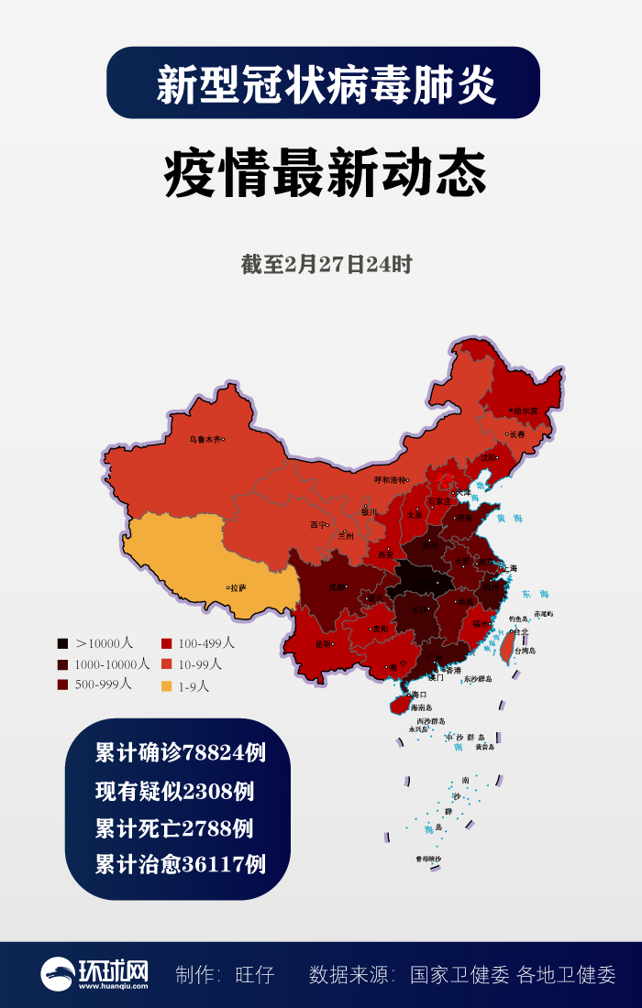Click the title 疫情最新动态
pyautogui.click(x=325, y=174)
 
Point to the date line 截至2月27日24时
pyautogui.click(x=327, y=266)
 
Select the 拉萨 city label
pyautogui.click(x=238, y=587)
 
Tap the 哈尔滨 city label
pyautogui.click(x=526, y=411)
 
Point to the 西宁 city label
pyautogui.click(x=317, y=526)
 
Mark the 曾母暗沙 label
pyautogui.click(x=428, y=859)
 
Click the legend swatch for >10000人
pyautogui.click(x=62, y=643)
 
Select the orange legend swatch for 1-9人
pyautogui.click(x=166, y=685)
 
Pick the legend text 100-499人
pyautogui.click(x=205, y=643)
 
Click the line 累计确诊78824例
pyautogui.click(x=181, y=753)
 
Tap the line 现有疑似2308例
pyautogui.click(x=175, y=791)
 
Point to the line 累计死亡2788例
pyautogui.click(x=174, y=828)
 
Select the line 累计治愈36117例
pyautogui.click(x=181, y=865)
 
